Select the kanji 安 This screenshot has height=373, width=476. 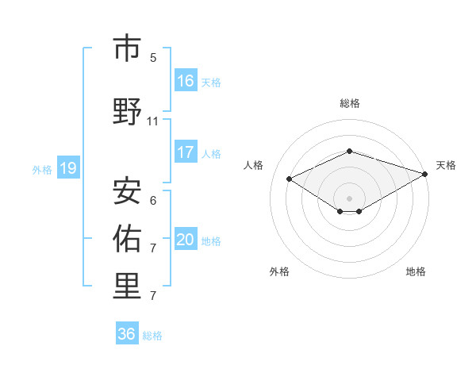coord(127,190)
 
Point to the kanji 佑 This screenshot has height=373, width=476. coord(127,237)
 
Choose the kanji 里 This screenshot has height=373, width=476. coord(127,286)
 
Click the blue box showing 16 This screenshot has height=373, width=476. coord(186,80)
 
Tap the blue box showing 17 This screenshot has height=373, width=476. coord(186,152)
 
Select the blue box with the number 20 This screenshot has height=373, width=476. coord(186,240)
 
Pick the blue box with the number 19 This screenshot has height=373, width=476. coord(68,168)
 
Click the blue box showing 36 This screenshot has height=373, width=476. coord(127,334)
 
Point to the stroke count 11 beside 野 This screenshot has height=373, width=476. coord(153,121)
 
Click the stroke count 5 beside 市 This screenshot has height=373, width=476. coord(153,57)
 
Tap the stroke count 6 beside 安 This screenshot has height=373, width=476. coord(153,200)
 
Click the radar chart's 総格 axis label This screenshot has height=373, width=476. coord(349,103)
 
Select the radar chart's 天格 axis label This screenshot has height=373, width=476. coord(446,165)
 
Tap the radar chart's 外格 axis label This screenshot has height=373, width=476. coord(279,271)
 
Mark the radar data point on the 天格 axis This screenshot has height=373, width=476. coord(426,173)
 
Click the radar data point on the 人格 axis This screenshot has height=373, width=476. coord(290,179)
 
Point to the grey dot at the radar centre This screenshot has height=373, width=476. coord(349,198)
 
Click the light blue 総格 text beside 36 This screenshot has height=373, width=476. coord(152,335)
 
